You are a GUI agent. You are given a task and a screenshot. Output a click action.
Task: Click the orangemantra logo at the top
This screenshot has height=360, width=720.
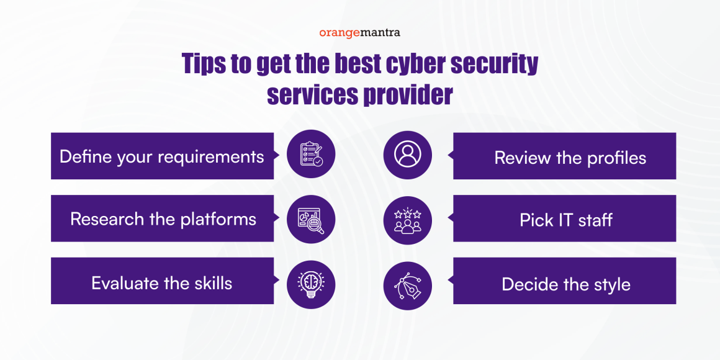pyautogui.click(x=360, y=32)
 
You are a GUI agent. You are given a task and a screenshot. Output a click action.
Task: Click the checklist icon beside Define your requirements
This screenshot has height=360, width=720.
pyautogui.click(x=311, y=156)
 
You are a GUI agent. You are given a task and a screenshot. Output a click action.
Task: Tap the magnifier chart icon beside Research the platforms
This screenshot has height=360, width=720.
pyautogui.click(x=311, y=218)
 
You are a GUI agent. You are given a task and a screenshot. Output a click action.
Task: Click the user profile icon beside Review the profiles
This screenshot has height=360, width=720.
pyautogui.click(x=407, y=155)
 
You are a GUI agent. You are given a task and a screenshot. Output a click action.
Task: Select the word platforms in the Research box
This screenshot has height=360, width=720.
pyautogui.click(x=218, y=219)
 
